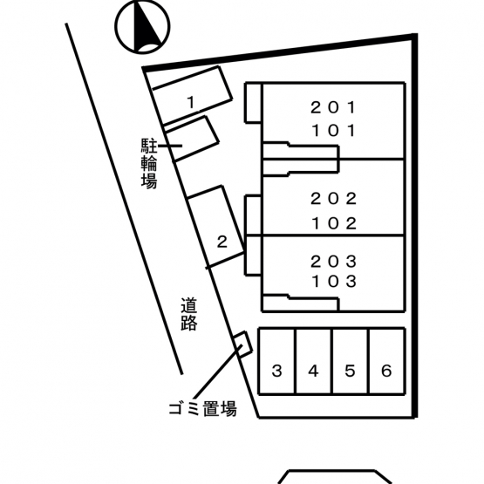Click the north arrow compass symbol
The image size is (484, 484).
142,27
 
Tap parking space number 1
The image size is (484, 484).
192,95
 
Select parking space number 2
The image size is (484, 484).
215,227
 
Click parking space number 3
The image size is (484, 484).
277,361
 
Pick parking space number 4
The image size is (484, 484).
314,361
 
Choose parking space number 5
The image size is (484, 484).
351,361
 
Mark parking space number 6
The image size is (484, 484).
387,361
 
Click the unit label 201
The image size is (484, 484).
333,108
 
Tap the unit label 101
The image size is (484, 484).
334,131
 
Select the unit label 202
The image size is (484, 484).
334,199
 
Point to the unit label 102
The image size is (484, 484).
334,223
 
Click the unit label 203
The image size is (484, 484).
334,262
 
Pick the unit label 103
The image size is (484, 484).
334,281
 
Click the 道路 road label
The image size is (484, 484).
188,314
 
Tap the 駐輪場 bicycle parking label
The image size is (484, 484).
149,163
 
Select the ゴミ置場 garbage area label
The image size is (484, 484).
203,409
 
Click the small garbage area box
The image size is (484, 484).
243,344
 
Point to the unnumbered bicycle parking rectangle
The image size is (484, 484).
191,139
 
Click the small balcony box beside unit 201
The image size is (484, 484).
254,103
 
